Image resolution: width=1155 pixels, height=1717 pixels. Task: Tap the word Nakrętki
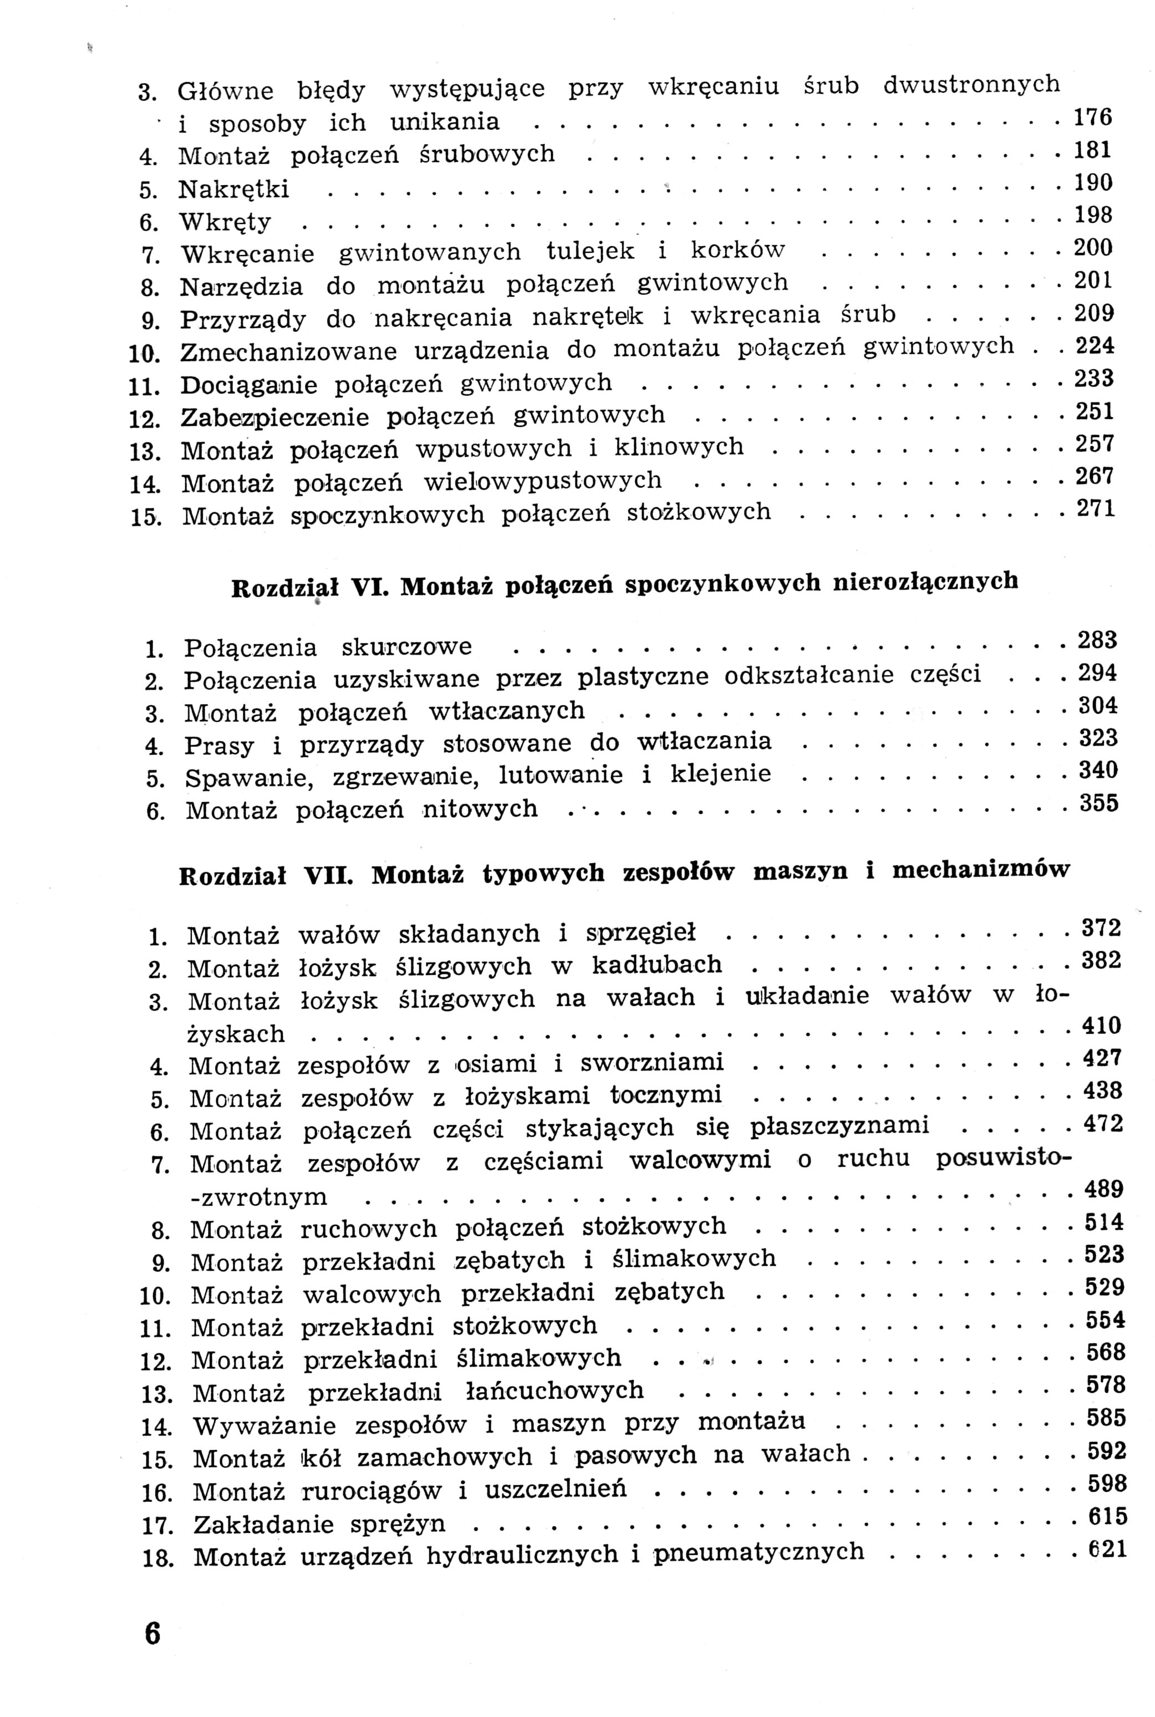click(x=233, y=190)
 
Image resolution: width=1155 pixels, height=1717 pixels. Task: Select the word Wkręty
click(x=226, y=222)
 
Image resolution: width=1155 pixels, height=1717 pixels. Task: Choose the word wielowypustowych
click(x=543, y=481)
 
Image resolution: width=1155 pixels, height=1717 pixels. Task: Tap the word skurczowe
click(x=406, y=647)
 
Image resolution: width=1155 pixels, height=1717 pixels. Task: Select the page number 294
click(x=1097, y=673)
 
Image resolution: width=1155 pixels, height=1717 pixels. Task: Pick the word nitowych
click(x=480, y=810)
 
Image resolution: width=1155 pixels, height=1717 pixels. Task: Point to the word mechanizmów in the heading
click(x=980, y=871)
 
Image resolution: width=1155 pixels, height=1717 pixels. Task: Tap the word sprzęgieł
click(x=640, y=934)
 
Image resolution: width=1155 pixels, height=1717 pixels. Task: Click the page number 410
click(x=1101, y=1026)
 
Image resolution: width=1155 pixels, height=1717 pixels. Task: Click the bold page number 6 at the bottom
click(x=152, y=1634)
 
